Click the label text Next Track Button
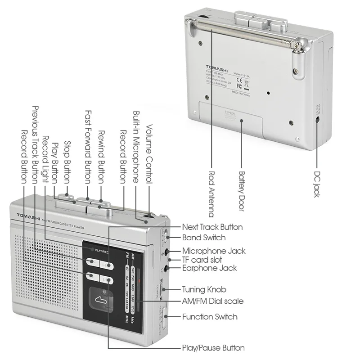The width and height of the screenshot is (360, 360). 212,227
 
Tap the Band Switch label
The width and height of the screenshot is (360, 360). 203,238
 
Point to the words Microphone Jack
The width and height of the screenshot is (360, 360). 214,251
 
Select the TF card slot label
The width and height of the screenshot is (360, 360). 202,260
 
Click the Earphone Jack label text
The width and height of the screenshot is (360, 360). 209,268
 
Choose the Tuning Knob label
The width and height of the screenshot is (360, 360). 204,290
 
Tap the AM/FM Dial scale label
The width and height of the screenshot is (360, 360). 213,301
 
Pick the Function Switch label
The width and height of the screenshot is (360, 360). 209,317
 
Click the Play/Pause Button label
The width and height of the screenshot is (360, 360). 213,348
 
